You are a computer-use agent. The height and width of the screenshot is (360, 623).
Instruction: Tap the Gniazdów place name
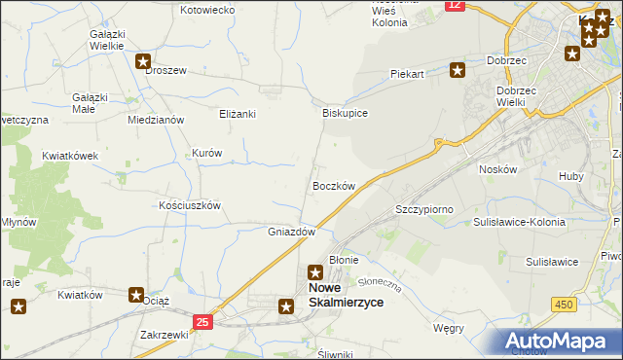pos(291,233)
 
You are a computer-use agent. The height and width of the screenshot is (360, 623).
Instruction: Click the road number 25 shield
pos(202,321)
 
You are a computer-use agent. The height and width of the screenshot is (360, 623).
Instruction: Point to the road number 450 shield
pos(564,305)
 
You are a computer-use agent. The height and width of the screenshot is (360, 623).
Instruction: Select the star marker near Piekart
pos(458,68)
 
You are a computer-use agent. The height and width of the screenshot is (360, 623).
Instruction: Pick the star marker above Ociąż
pos(136,294)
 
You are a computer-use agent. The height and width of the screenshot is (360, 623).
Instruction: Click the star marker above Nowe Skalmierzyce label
pos(315,273)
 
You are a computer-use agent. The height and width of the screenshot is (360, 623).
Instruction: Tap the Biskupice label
pos(345,113)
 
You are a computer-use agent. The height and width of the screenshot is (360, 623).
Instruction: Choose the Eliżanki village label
pos(237,114)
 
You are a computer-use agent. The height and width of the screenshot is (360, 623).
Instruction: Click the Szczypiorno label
pos(424,209)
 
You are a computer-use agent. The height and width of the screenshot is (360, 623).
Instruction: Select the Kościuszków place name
pos(191,206)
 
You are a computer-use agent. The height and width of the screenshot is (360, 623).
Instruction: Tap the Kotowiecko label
pos(208,10)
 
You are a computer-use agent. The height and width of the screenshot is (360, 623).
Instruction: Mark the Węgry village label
pos(449,328)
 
